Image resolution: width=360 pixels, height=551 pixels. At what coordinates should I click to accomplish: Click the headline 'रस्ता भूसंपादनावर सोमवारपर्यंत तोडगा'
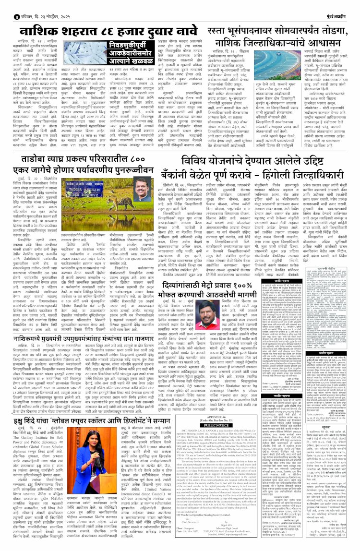coord(269,25)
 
